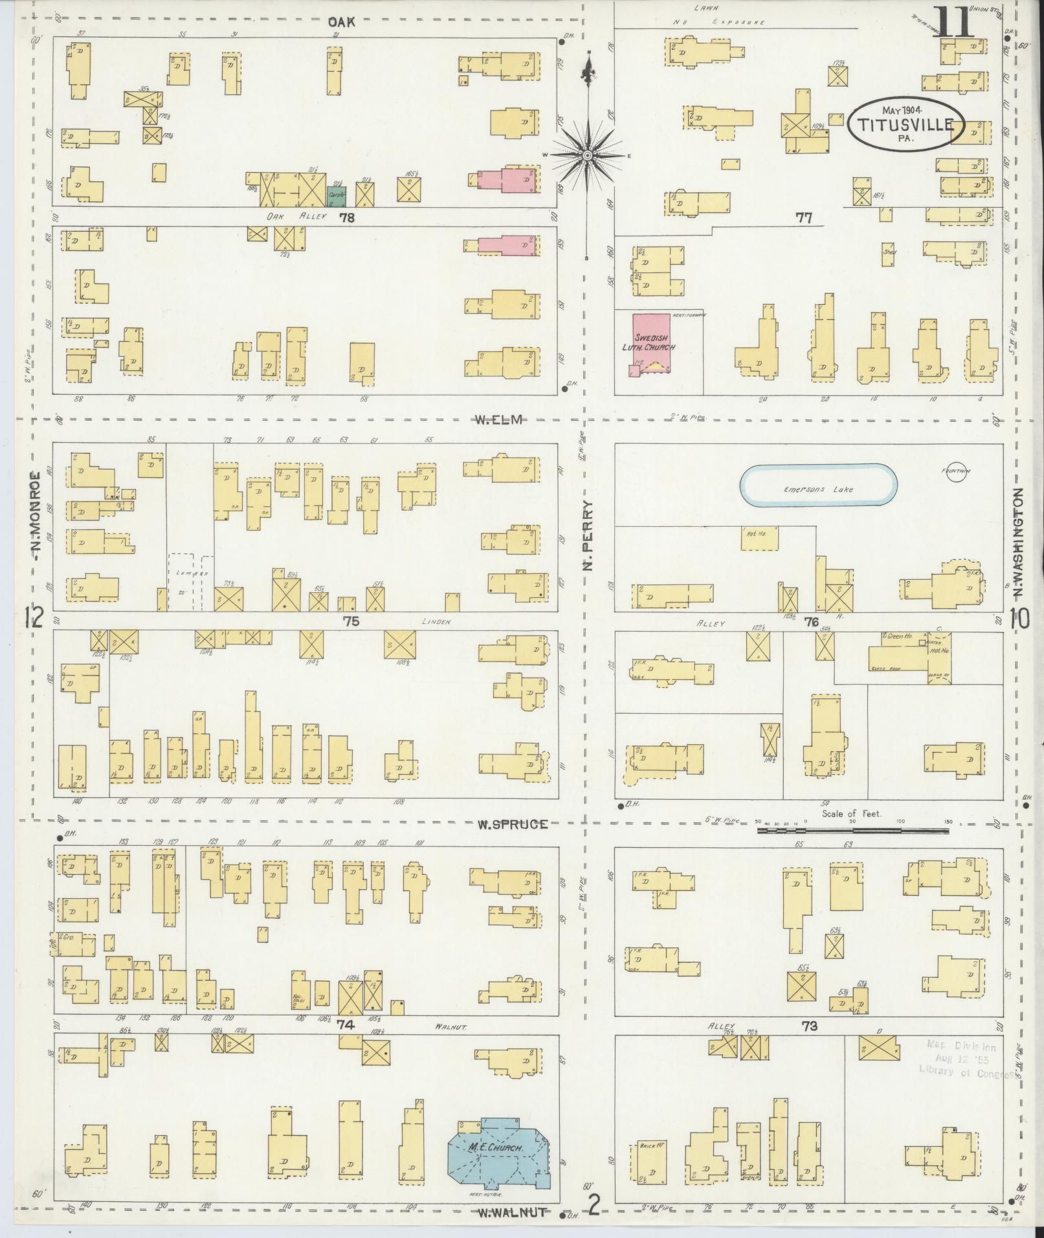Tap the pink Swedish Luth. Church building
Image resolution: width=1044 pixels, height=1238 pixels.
pos(652,343)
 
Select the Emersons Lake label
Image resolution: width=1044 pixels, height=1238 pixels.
pos(819,489)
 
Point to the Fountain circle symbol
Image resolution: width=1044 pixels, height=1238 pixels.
pos(957,470)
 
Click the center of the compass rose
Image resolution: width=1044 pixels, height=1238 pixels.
pos(587,155)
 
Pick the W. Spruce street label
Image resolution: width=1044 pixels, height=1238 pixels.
pos(513,824)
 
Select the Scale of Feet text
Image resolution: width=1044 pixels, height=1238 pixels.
pos(851,813)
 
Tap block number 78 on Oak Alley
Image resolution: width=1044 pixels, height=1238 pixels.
pos(347,218)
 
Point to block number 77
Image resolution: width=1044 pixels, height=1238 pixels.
pos(803,218)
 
